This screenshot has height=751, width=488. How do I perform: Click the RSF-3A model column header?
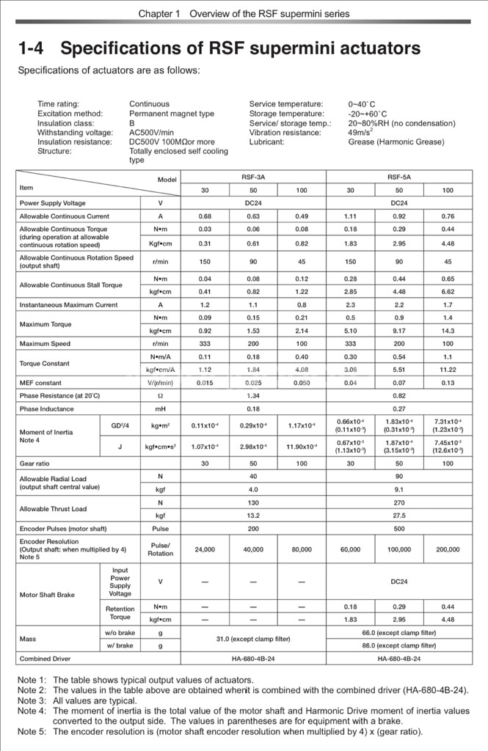[253, 177]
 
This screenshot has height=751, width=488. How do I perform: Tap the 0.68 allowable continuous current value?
[205, 216]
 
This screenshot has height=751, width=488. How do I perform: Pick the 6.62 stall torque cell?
[448, 291]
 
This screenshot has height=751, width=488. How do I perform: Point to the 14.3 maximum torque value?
[448, 331]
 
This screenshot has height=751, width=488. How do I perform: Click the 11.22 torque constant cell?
[448, 370]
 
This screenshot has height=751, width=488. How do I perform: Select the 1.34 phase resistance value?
[253, 396]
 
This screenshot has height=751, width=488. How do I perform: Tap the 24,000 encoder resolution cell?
[205, 549]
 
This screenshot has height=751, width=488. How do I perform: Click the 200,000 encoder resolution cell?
[448, 549]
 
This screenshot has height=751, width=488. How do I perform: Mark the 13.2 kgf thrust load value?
[253, 516]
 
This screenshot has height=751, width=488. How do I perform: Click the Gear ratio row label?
[36, 464]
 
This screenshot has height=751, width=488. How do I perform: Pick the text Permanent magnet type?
[172, 114]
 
